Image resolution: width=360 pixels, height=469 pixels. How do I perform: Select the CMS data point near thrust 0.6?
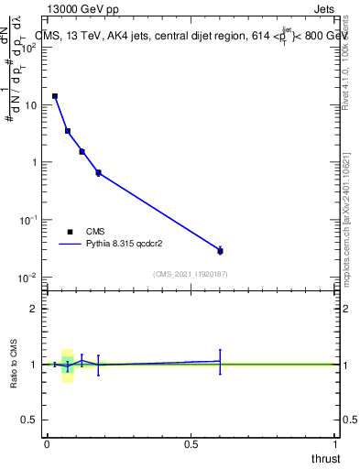220,250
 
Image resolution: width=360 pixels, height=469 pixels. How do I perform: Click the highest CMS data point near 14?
55,96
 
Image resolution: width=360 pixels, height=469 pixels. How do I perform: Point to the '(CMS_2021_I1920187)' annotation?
190,274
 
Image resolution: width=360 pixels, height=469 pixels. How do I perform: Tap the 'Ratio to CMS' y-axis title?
14,364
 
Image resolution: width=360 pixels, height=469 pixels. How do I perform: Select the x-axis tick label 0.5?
191,444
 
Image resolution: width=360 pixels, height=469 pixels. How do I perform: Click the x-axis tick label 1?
335,444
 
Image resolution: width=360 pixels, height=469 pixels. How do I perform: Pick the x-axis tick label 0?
47,444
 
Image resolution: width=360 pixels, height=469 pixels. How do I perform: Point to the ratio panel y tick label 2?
33,309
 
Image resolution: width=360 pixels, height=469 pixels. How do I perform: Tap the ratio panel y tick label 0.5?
29,420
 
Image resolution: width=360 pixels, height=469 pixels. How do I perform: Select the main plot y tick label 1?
34,163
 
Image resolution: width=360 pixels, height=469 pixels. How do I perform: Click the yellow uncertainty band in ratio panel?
67,376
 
